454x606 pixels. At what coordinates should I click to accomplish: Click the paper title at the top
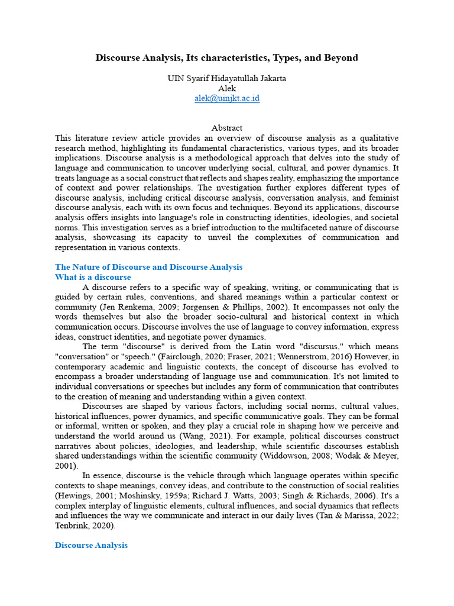(227, 57)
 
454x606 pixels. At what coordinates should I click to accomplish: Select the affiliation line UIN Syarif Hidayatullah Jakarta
(227, 79)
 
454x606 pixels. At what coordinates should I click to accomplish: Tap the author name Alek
(227, 88)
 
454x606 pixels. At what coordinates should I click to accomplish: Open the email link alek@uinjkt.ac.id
(227, 98)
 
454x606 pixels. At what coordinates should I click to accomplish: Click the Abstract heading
(227, 127)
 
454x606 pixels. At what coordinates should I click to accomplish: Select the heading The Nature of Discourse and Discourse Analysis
(148, 267)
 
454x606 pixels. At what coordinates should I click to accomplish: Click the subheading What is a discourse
(93, 277)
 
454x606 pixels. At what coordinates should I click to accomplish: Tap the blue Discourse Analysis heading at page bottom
(91, 545)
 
